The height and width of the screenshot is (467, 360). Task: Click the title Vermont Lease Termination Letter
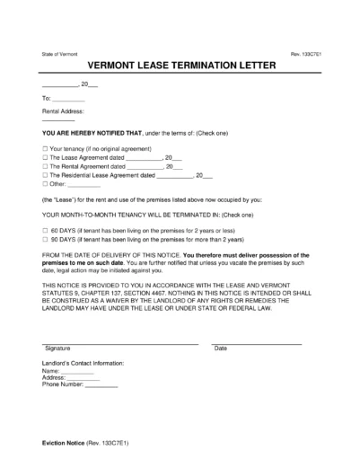[180, 67]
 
